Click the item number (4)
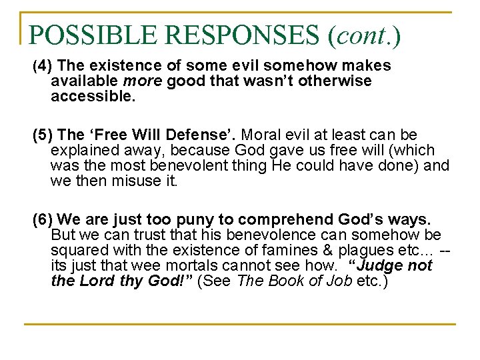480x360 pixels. [42, 66]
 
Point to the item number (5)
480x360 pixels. [42, 136]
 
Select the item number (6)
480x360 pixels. [42, 220]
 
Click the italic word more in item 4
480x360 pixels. [144, 81]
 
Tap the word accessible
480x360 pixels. [93, 96]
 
